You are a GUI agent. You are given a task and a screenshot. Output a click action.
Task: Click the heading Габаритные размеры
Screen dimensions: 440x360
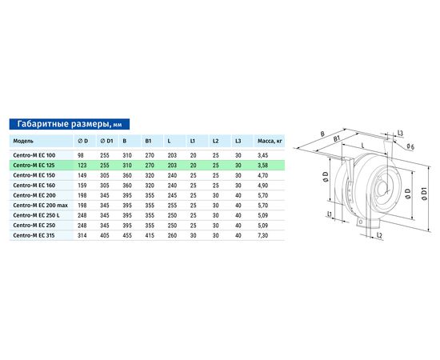point(63,124)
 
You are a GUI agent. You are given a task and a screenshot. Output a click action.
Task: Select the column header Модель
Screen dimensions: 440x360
point(23,141)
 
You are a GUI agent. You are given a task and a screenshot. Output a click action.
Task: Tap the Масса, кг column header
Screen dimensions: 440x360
point(270,141)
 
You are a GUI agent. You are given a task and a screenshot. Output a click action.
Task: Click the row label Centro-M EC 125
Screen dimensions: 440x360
point(34,166)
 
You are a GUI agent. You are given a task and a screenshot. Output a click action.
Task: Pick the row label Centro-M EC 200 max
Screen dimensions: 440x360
point(41,206)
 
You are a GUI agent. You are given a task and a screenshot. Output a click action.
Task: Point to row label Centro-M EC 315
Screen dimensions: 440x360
point(34,235)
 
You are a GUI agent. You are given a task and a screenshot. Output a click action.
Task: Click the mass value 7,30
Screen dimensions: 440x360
point(262,235)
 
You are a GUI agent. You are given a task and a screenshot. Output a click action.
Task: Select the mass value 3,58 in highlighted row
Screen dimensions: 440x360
point(262,166)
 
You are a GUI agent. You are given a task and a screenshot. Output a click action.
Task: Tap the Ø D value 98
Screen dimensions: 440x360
point(81,155)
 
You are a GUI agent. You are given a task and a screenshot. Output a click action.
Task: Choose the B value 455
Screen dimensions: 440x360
point(127,235)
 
